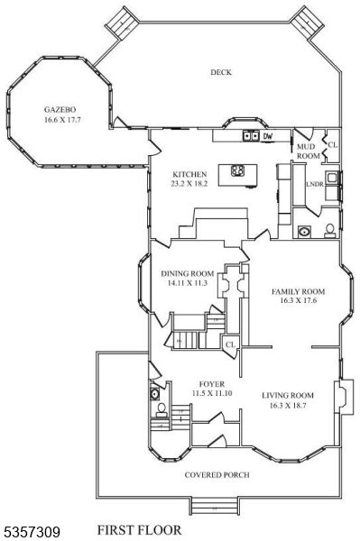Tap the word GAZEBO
pos(59,107)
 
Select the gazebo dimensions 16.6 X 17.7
pos(59,118)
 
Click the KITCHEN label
pos(190,174)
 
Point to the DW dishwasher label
pos(268,136)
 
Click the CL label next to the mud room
pos(332,144)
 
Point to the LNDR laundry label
pos(314,184)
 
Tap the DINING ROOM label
pos(187,273)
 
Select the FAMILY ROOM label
pos(298,292)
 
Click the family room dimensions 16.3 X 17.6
pos(298,303)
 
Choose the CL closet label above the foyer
pos(230,344)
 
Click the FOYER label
pos(211,384)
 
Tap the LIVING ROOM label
pos(288,395)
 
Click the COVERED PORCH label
pos(217,474)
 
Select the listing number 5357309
pos(31,531)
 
